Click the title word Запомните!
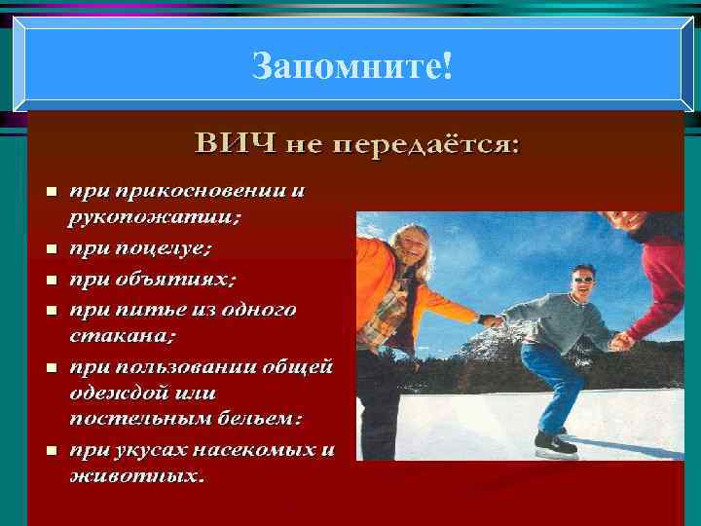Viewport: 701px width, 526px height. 351,66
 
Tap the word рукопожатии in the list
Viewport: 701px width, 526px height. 155,218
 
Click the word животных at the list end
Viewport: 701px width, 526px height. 136,477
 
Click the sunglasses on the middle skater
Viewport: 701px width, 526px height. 583,279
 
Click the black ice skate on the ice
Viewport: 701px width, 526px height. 555,444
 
